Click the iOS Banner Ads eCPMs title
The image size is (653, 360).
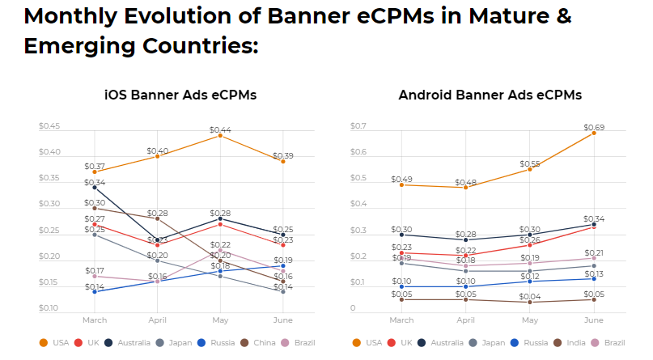click(x=180, y=95)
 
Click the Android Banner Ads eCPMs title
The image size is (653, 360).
click(x=490, y=95)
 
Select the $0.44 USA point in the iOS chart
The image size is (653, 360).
click(x=220, y=135)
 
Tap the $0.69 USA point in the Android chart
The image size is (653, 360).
click(x=593, y=133)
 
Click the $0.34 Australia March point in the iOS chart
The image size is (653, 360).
click(x=95, y=188)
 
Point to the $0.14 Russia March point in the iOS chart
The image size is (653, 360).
click(x=95, y=291)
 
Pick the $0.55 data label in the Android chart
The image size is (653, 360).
click(x=529, y=163)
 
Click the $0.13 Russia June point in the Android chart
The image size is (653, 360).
click(x=593, y=278)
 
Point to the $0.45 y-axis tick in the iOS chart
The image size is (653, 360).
click(x=49, y=126)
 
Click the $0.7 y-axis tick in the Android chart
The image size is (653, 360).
click(x=357, y=126)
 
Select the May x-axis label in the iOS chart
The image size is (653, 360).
click(x=220, y=320)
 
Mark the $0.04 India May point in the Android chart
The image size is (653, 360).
click(x=529, y=302)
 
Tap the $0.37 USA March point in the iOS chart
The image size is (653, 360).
click(x=95, y=172)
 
